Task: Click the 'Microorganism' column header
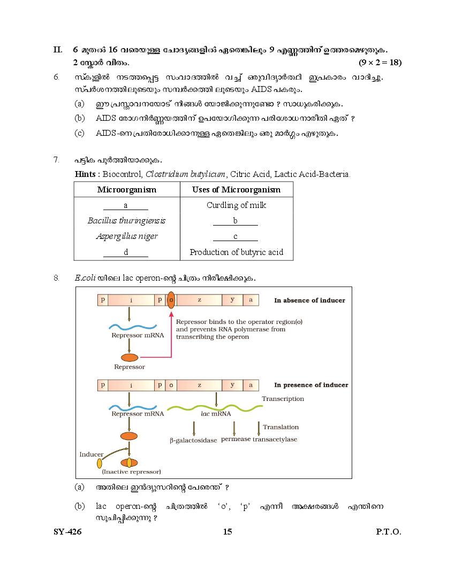tap(126, 190)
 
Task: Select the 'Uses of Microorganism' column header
tap(236, 190)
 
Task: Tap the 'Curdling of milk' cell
tap(236, 205)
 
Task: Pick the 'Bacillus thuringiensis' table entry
tap(126, 221)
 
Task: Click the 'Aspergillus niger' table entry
tap(126, 236)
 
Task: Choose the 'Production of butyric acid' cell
tap(236, 252)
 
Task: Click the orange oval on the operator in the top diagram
tap(171, 300)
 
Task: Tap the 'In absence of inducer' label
tap(309, 300)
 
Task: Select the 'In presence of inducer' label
tap(311, 385)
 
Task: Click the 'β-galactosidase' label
tap(193, 440)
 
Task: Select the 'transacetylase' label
tap(275, 439)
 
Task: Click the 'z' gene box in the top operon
tap(199, 300)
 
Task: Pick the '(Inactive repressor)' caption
tap(131, 471)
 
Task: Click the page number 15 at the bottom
tap(227, 531)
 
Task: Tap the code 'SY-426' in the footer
tap(67, 531)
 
